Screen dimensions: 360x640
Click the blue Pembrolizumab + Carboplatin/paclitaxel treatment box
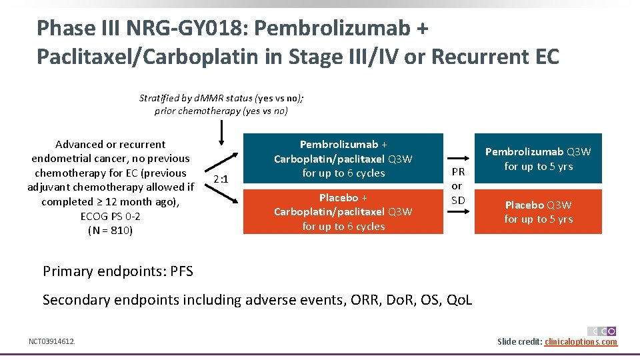(343, 159)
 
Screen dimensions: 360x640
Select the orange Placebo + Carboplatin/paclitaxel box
(343, 212)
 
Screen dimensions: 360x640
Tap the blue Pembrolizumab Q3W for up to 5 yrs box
(538, 159)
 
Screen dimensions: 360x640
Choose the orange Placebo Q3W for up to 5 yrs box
(538, 212)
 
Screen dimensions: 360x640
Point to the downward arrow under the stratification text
(222, 133)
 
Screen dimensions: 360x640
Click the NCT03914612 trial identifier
(52, 341)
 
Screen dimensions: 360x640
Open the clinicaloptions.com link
(581, 342)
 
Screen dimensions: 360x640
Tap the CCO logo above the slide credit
(602, 331)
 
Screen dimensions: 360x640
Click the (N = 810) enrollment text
(111, 231)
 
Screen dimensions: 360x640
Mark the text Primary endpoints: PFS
(118, 271)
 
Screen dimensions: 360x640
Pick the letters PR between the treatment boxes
(458, 172)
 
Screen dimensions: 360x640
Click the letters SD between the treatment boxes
(458, 200)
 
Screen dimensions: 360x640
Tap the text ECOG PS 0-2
(111, 216)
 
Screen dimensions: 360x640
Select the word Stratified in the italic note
(161, 98)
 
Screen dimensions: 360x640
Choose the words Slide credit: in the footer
(519, 342)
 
